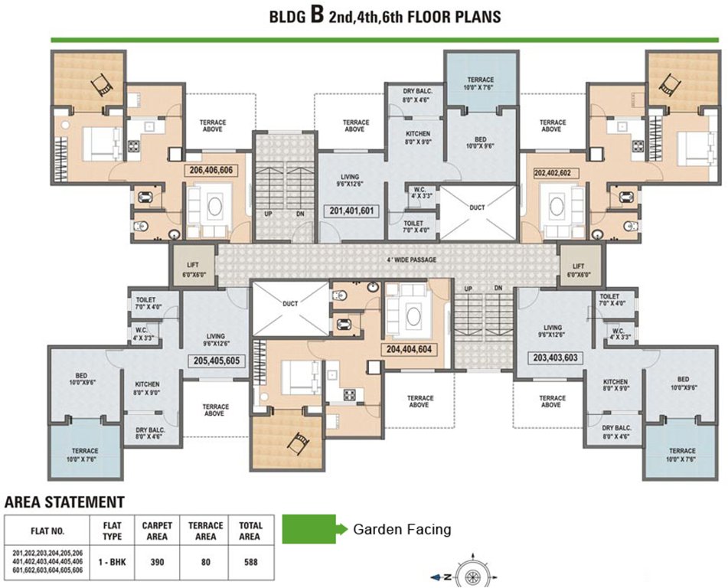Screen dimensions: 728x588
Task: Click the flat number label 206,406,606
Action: click(x=211, y=171)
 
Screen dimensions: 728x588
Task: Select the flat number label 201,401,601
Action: click(x=351, y=211)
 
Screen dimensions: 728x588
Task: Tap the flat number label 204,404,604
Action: click(x=409, y=350)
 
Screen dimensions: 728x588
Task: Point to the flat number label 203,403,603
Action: click(x=555, y=358)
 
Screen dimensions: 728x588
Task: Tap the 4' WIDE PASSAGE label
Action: click(x=412, y=260)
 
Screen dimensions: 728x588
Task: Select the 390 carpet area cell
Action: click(x=158, y=562)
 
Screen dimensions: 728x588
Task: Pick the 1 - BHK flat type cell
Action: click(x=112, y=562)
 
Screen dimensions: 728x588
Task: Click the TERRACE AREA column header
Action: click(x=206, y=531)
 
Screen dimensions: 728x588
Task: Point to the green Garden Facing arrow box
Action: click(x=315, y=528)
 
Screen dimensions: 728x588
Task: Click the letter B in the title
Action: click(x=317, y=15)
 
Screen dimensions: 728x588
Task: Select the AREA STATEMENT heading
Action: click(x=64, y=501)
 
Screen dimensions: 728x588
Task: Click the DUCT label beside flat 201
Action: click(x=477, y=207)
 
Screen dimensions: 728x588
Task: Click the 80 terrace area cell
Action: click(x=206, y=562)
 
